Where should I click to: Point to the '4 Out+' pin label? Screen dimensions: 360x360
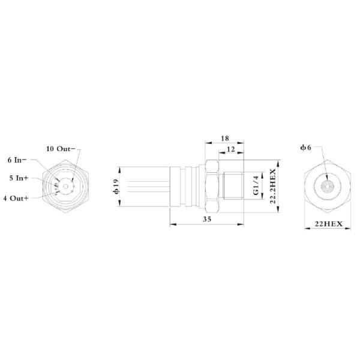tap(16, 197)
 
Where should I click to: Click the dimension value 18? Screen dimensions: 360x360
tap(224, 139)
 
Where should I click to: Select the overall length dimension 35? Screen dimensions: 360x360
tap(207, 220)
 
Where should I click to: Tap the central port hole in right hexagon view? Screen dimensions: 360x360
tap(326, 186)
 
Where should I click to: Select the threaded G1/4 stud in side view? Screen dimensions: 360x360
tap(232, 185)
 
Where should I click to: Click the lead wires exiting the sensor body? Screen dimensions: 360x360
tap(144, 185)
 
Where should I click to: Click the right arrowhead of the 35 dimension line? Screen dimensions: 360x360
tap(242, 225)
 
